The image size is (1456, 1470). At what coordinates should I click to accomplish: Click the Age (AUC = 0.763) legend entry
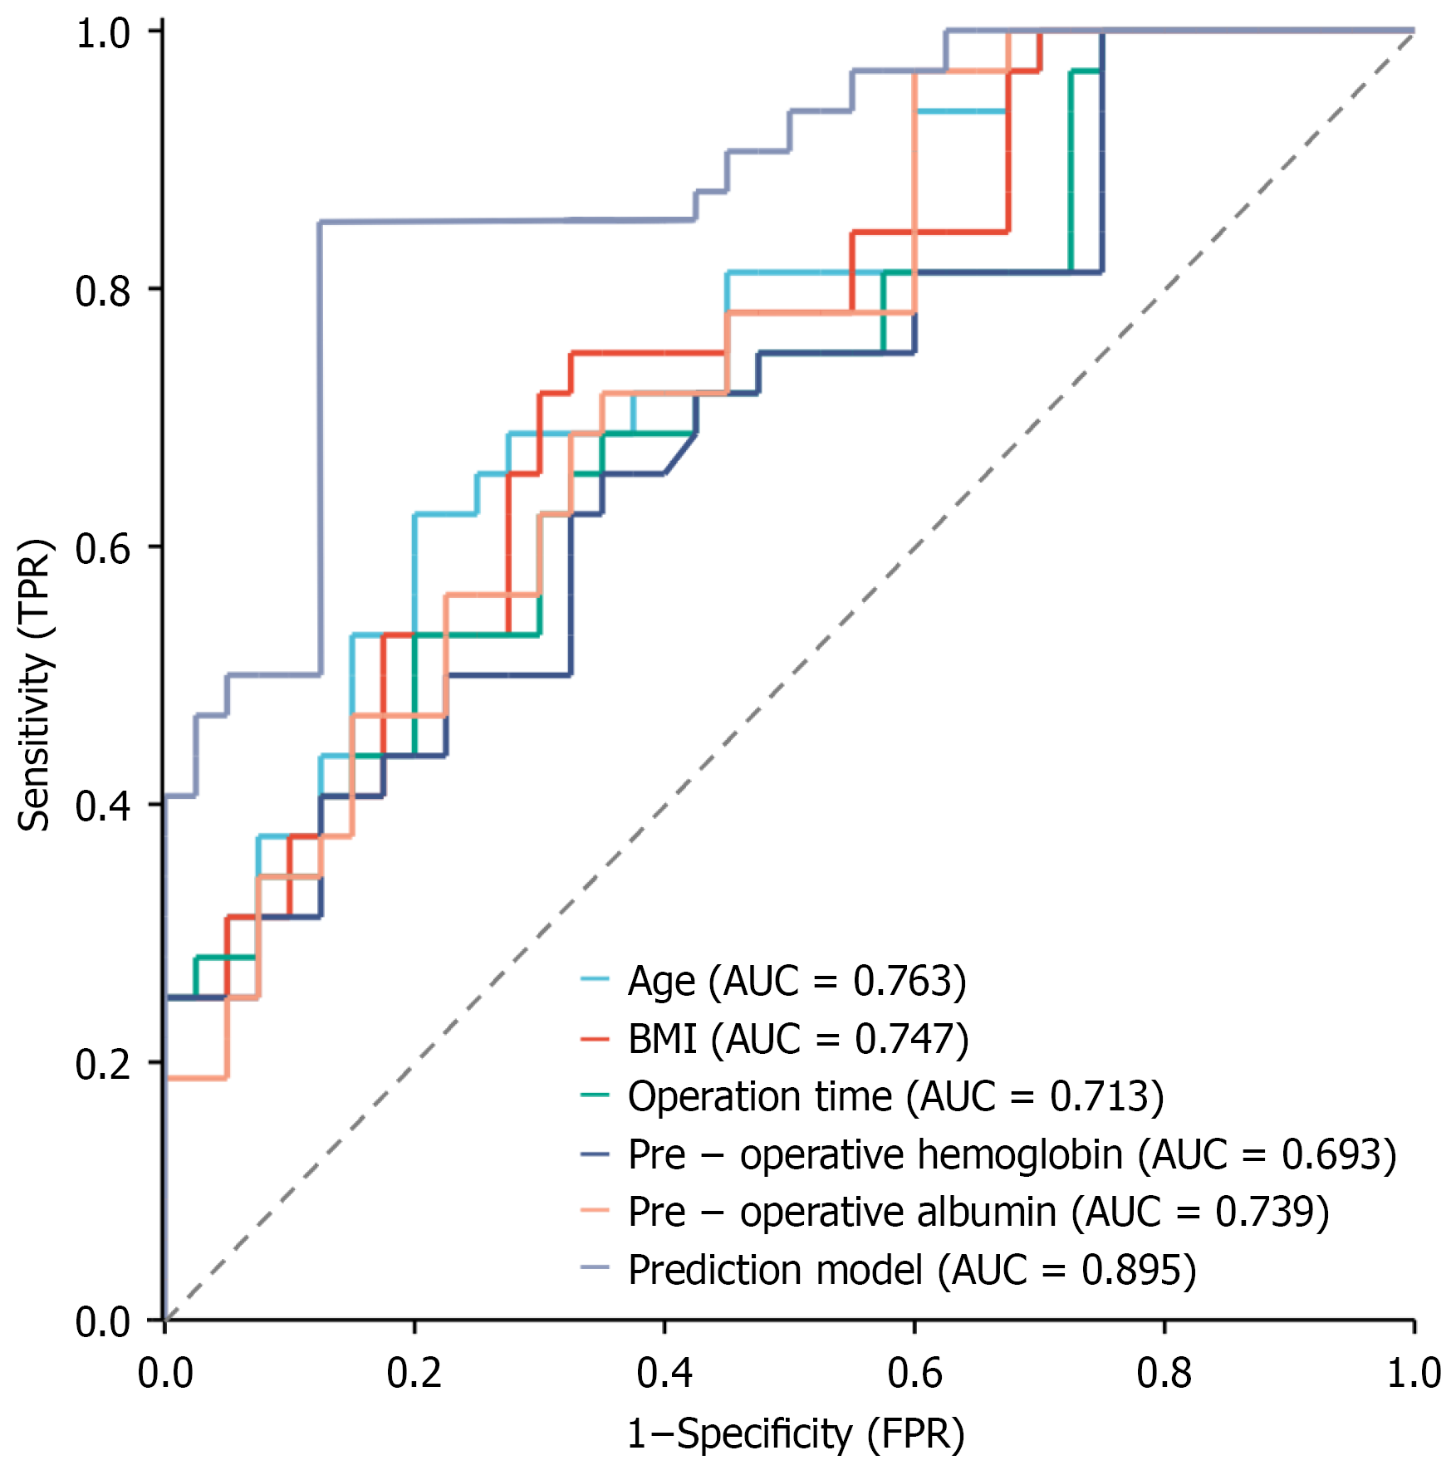click(x=797, y=981)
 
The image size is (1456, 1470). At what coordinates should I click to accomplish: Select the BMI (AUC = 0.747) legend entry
click(x=798, y=1039)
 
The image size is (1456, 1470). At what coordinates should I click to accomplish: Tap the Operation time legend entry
click(x=895, y=1096)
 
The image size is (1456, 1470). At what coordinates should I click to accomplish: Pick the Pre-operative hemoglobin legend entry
click(x=1012, y=1154)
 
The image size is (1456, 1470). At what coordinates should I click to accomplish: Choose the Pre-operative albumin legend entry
click(x=978, y=1212)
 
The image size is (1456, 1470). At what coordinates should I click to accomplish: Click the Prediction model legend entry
click(x=911, y=1270)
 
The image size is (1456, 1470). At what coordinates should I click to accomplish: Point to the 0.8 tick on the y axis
click(x=103, y=291)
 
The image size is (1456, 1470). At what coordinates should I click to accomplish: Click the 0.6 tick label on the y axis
click(x=103, y=548)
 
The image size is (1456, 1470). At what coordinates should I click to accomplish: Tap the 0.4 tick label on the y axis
click(x=103, y=806)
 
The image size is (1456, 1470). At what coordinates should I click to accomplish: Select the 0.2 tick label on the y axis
click(x=103, y=1064)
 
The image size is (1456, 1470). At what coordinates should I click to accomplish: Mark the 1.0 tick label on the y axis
click(x=103, y=34)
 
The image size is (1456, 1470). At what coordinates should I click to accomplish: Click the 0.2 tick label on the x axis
click(x=414, y=1374)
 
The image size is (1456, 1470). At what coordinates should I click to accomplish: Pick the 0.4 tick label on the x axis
click(x=664, y=1374)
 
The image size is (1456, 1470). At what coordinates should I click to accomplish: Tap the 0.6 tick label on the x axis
click(x=914, y=1374)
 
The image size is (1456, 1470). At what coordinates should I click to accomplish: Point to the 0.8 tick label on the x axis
click(x=1164, y=1374)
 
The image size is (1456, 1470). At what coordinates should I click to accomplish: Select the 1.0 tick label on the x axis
click(x=1414, y=1374)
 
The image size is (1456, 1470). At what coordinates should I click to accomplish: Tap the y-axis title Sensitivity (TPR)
click(x=35, y=685)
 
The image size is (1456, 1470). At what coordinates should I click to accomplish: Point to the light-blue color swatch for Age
click(x=595, y=980)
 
